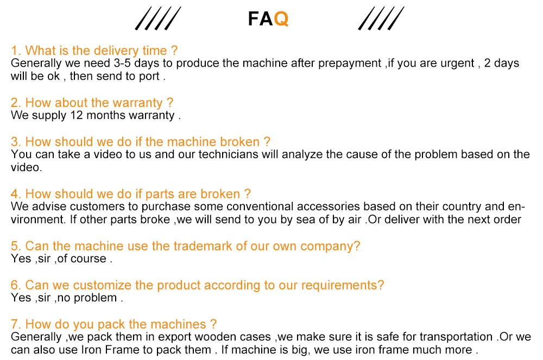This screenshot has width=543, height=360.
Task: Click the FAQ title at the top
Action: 268,18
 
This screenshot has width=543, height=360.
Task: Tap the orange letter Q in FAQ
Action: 281,19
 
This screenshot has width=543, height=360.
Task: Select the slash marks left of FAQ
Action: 158,18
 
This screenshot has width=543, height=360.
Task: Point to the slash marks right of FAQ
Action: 381,18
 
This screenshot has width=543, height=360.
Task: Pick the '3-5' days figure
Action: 122,63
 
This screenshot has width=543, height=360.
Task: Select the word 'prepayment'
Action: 350,64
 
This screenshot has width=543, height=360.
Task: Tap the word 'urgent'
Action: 457,64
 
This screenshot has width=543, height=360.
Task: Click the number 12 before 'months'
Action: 77,115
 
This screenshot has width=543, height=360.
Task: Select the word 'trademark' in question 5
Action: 203,246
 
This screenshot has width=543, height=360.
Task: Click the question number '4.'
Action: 16,194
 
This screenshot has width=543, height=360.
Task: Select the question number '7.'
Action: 16,324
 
